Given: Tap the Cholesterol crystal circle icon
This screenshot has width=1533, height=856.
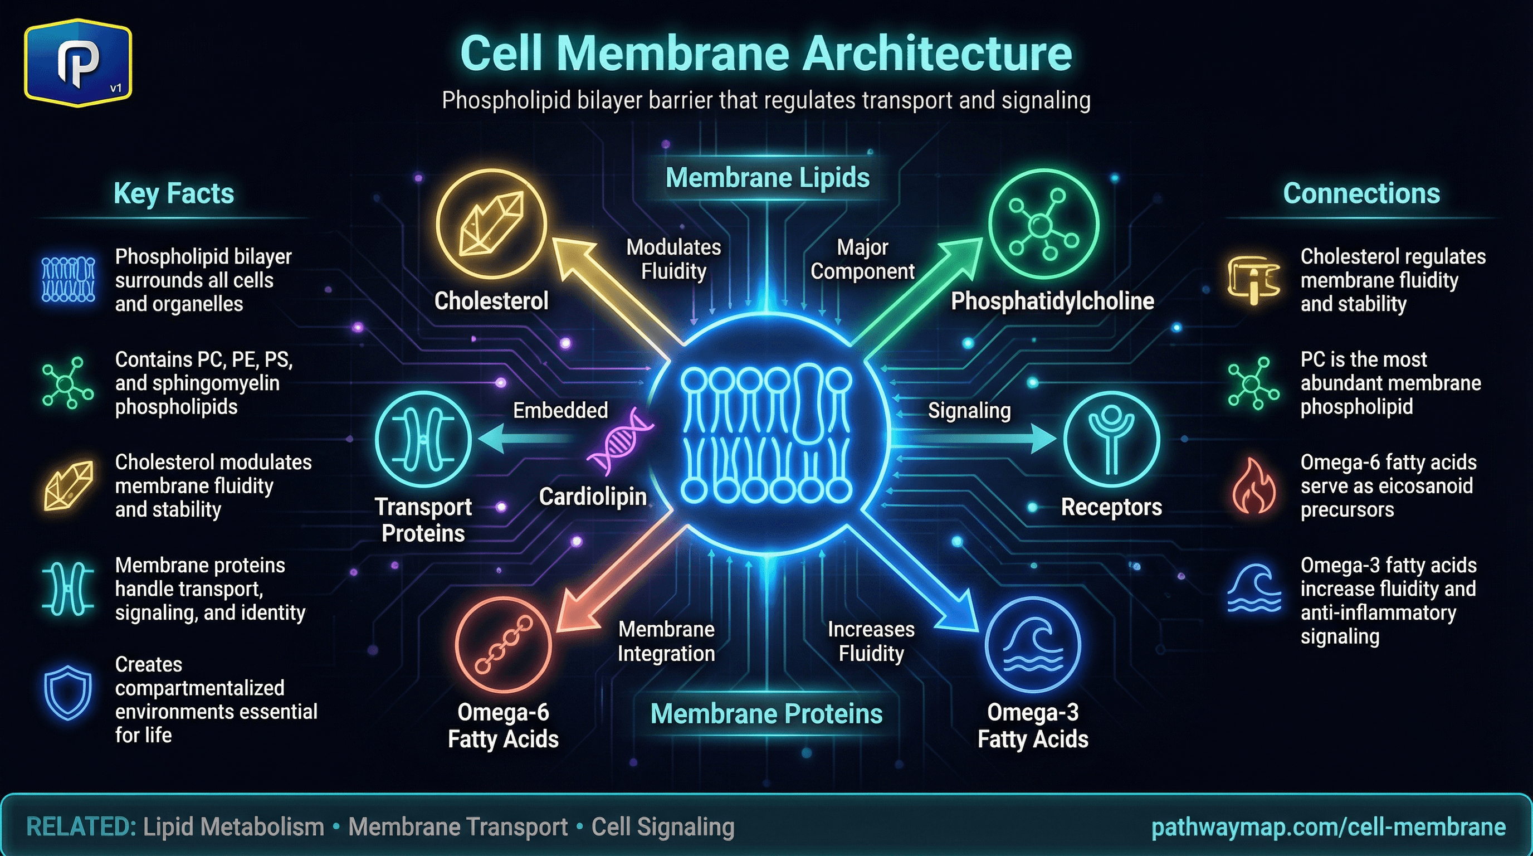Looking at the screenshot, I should pyautogui.click(x=491, y=224).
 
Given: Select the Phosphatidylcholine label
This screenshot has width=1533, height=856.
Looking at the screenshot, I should pyautogui.click(x=1052, y=301).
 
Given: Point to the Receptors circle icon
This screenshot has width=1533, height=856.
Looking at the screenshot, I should pyautogui.click(x=1111, y=440).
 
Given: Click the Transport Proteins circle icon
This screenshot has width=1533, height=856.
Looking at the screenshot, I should pyautogui.click(x=423, y=440).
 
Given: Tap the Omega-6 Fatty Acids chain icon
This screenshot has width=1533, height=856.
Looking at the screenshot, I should pyautogui.click(x=504, y=645).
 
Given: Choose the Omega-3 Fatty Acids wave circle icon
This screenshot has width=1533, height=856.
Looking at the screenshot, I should pyautogui.click(x=1033, y=645).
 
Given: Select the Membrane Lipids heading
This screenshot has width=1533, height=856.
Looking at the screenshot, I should pyautogui.click(x=767, y=177).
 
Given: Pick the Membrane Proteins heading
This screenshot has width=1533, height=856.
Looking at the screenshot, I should pyautogui.click(x=766, y=714).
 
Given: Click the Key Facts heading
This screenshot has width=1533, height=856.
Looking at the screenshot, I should pyautogui.click(x=174, y=193).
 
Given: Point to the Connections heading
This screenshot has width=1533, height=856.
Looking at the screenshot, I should pyautogui.click(x=1361, y=193).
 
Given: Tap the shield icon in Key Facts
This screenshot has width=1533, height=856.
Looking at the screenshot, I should pyautogui.click(x=68, y=693).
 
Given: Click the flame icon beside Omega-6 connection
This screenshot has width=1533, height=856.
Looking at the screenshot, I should pyautogui.click(x=1253, y=487).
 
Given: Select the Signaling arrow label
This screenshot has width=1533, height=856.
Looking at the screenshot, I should pyautogui.click(x=969, y=410).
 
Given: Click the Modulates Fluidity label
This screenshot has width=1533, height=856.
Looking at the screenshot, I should pyautogui.click(x=673, y=259).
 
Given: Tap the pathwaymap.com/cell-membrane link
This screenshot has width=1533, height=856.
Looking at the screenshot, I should pyautogui.click(x=1328, y=827).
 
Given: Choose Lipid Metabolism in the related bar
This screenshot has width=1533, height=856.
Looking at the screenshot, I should pyautogui.click(x=233, y=827).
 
